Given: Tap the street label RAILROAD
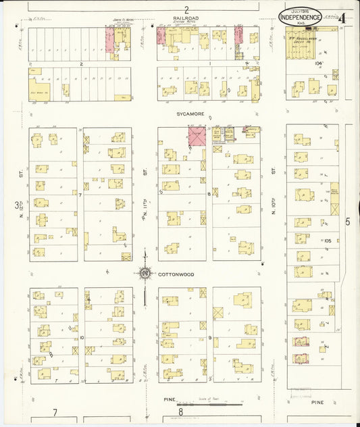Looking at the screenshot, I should click(186, 19).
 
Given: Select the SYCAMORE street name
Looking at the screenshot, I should click(186, 115).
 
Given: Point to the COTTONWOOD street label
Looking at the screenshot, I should click(172, 274).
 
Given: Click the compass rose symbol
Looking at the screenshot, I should click(144, 274).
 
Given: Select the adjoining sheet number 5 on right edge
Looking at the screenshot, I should click(349, 221).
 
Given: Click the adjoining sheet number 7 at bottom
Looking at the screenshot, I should click(55, 411).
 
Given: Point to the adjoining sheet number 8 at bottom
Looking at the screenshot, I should click(181, 411).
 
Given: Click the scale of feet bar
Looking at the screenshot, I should click(216, 404).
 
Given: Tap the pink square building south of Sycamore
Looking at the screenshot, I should click(196, 136).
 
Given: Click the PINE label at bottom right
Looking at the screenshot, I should click(317, 402).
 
